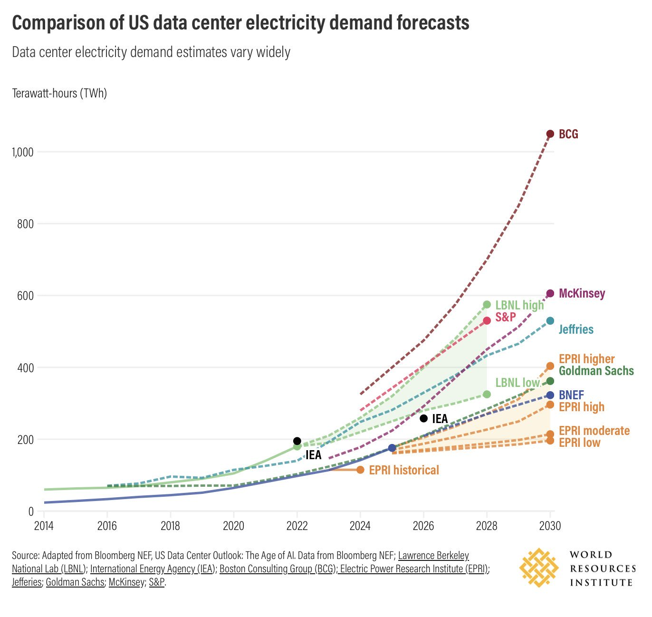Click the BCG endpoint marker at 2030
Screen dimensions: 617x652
pyautogui.click(x=550, y=134)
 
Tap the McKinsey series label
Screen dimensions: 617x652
pyautogui.click(x=582, y=293)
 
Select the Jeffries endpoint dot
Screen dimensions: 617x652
pyautogui.click(x=550, y=321)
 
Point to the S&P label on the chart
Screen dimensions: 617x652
pyautogui.click(x=505, y=317)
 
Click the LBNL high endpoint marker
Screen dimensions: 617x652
pyautogui.click(x=487, y=305)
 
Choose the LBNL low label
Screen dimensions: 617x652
pyautogui.click(x=517, y=383)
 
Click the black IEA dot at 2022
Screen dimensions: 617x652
pyautogui.click(x=297, y=441)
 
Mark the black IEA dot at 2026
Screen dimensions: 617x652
pyautogui.click(x=423, y=418)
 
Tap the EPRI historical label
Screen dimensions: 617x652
pyautogui.click(x=404, y=470)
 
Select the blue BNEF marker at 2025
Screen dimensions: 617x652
pyautogui.click(x=392, y=448)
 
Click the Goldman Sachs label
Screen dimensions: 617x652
pyautogui.click(x=596, y=371)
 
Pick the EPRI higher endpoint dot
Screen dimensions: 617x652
pyautogui.click(x=550, y=366)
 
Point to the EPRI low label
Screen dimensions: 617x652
pyautogui.click(x=579, y=443)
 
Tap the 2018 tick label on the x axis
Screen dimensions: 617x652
pyautogui.click(x=170, y=526)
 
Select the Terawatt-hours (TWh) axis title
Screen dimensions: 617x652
pyautogui.click(x=59, y=93)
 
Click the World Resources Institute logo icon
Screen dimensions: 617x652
pyautogui.click(x=538, y=568)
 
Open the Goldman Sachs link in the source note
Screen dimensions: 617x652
pyautogui.click(x=75, y=582)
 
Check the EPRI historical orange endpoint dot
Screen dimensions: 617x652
pyautogui.click(x=360, y=470)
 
